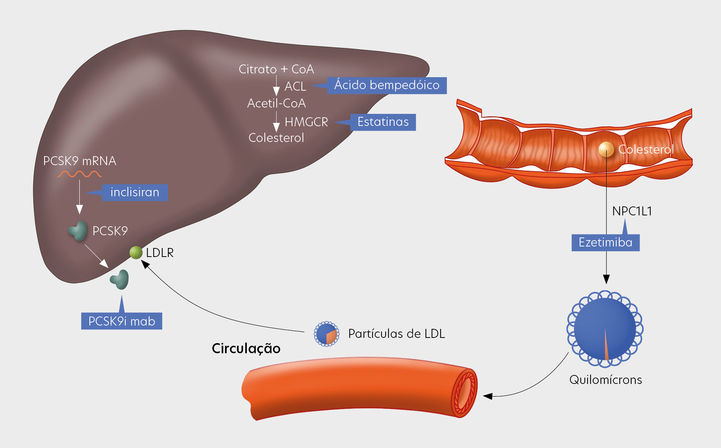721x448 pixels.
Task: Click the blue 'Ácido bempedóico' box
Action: point(387,85)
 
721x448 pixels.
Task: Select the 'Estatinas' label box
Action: point(383,122)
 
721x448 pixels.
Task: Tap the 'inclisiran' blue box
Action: point(135,193)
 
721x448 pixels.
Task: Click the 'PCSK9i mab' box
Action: point(122,321)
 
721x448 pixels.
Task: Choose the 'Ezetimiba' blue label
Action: point(605,243)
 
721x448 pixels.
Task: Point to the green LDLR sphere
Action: point(136,253)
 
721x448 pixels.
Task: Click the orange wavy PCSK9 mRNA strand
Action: point(79,174)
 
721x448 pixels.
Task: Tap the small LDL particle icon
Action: point(326,334)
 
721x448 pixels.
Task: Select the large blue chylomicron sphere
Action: point(605,329)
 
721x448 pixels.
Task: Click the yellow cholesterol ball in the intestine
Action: point(606,149)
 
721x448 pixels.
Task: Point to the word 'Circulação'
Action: point(246,349)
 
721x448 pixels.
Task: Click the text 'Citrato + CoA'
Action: point(276,69)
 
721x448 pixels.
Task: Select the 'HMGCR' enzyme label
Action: point(306,122)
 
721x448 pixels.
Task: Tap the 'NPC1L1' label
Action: point(632,211)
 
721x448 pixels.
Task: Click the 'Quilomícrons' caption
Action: point(605,380)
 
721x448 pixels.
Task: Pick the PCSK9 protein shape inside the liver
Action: point(78,230)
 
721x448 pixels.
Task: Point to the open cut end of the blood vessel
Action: point(464,393)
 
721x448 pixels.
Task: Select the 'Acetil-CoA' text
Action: point(276,103)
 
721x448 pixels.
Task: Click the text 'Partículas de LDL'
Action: point(396,334)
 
